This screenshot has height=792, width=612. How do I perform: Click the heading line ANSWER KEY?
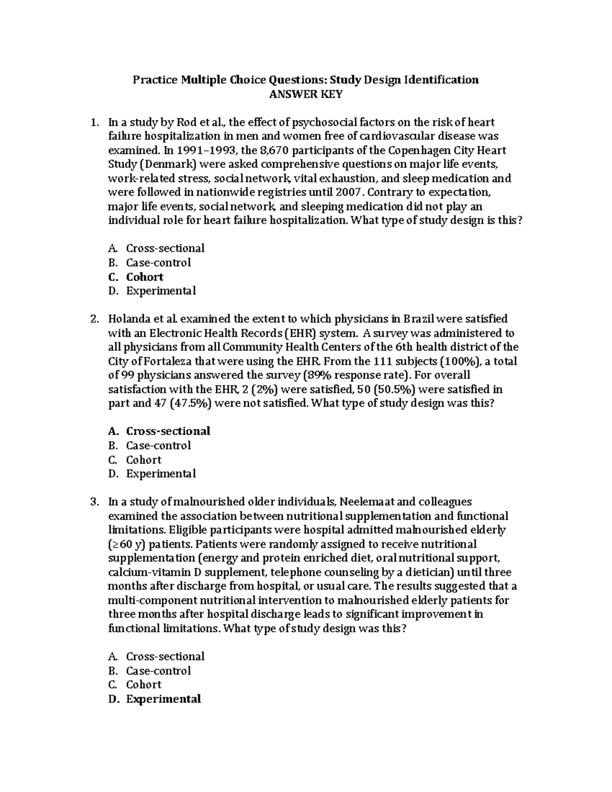305,94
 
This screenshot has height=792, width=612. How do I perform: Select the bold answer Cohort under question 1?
145,277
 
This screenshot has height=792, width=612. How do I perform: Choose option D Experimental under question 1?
161,291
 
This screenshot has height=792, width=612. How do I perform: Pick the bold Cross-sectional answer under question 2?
168,431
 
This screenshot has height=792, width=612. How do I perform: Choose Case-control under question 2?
158,445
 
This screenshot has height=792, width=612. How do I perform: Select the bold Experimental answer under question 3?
163,699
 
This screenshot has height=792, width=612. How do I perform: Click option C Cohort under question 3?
144,684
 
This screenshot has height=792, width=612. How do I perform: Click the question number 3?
94,502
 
